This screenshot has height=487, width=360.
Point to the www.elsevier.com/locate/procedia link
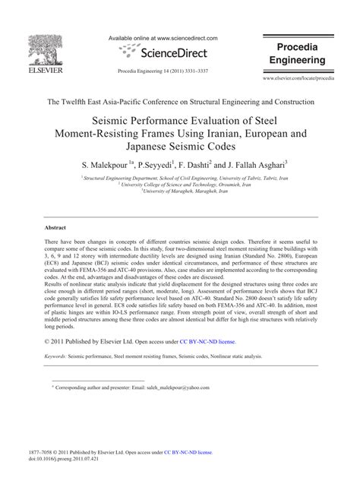[308, 79]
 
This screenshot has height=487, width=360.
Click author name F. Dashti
[200, 164]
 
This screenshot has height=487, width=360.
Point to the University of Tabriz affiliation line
[180, 177]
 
